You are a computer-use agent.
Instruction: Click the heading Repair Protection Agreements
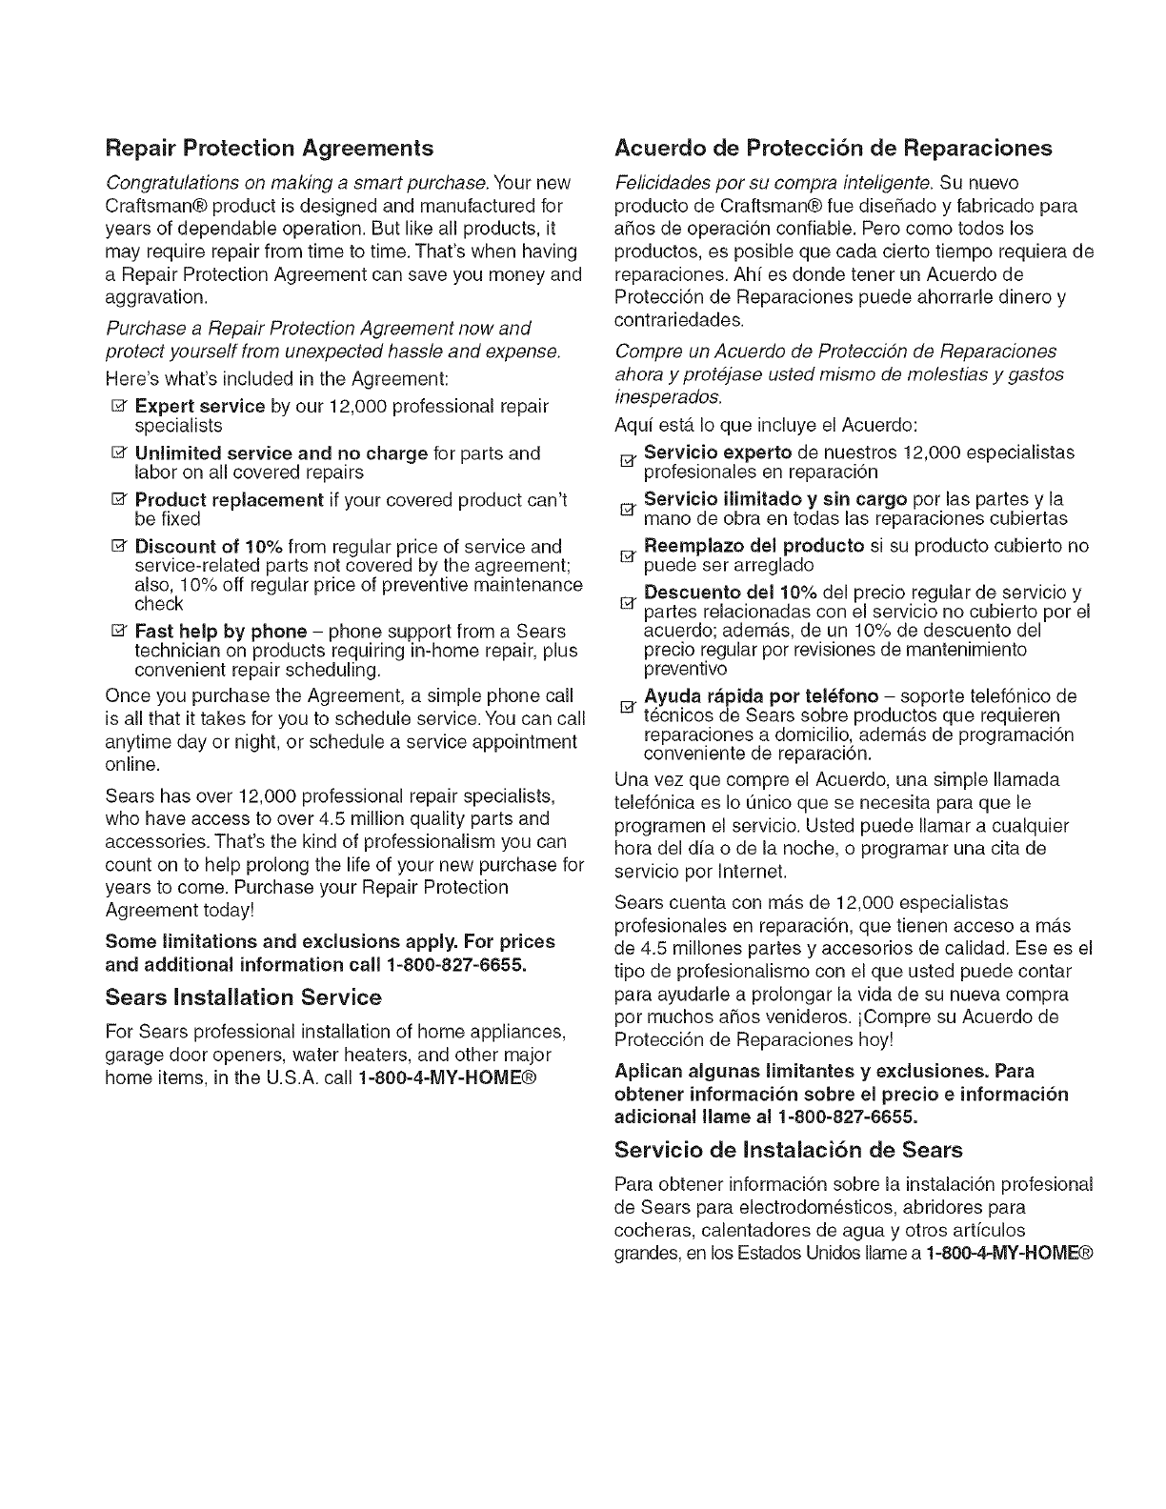[x=269, y=149]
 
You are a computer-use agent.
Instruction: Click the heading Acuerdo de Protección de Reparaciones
[x=834, y=149]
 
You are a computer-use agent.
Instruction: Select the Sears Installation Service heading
[x=243, y=997]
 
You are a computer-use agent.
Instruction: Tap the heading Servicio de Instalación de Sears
[x=789, y=1149]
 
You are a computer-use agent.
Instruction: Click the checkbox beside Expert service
[x=123, y=407]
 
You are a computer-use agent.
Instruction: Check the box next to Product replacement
[x=123, y=500]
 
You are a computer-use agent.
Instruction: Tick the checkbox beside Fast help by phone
[x=123, y=632]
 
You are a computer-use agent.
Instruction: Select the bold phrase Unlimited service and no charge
[x=281, y=453]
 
